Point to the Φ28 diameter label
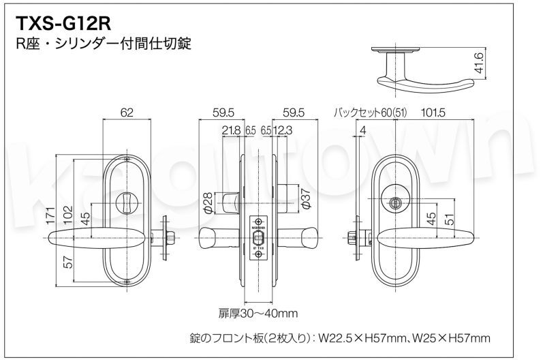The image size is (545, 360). click(209, 202)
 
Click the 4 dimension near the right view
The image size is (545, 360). click(364, 130)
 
